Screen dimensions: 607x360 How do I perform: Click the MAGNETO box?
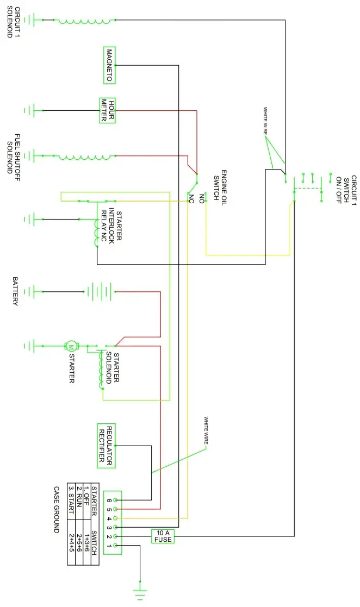click(x=108, y=65)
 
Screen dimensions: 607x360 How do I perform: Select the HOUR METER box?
click(x=107, y=110)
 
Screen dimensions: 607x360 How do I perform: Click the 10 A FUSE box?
click(x=163, y=536)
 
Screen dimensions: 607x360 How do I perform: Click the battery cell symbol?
click(x=99, y=291)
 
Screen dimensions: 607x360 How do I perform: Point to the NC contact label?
click(x=191, y=199)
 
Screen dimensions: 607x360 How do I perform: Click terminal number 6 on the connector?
click(x=109, y=500)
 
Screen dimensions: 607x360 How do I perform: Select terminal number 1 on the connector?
click(x=109, y=545)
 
